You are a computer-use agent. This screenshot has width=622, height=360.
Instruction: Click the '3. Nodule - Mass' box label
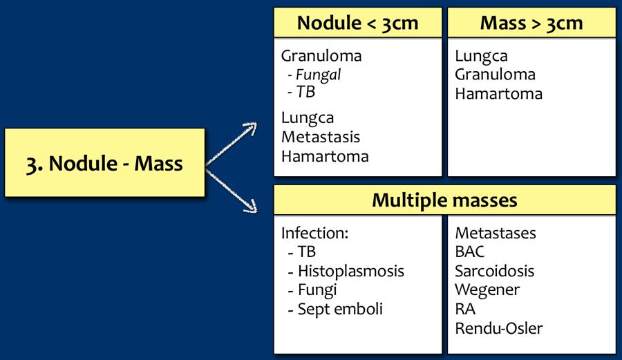click(x=104, y=164)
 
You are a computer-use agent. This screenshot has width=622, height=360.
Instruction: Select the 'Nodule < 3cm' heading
click(x=357, y=23)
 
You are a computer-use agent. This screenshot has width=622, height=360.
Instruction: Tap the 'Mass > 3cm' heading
click(x=531, y=23)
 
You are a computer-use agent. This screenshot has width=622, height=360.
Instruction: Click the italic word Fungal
click(x=319, y=74)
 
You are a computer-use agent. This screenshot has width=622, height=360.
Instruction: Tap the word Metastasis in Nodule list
click(x=321, y=138)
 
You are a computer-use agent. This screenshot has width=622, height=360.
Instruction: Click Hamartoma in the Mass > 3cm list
click(x=498, y=93)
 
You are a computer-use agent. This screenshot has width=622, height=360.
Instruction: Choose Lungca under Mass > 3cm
click(x=481, y=57)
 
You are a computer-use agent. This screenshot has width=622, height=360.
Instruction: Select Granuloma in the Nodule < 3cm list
click(x=321, y=57)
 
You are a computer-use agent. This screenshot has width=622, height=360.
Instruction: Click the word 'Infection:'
click(x=314, y=234)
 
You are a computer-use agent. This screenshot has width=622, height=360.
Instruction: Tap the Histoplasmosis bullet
click(x=350, y=271)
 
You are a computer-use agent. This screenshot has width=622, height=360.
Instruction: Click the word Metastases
click(x=496, y=234)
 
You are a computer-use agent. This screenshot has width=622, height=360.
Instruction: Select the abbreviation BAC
click(x=470, y=252)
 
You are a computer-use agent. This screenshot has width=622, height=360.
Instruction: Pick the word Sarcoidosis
click(x=495, y=271)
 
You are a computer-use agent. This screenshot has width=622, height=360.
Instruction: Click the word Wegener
click(x=487, y=290)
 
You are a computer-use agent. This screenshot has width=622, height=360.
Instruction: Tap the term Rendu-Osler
click(x=499, y=328)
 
